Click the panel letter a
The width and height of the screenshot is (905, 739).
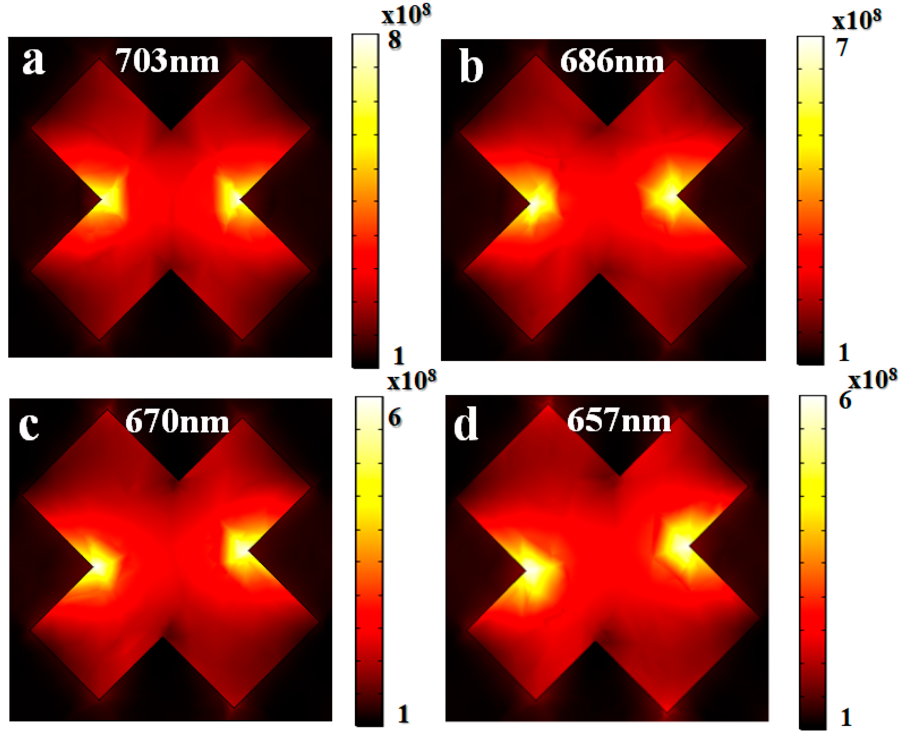33,61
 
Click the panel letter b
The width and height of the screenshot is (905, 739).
471,67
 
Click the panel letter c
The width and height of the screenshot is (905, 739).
29,426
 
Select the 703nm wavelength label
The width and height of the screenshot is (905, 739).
167,61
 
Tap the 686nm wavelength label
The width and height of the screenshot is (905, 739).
612,61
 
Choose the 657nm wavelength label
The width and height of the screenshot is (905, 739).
619,421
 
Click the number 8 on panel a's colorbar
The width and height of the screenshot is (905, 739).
395,40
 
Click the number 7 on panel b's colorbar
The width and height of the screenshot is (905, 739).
842,47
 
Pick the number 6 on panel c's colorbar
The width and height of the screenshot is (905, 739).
395,418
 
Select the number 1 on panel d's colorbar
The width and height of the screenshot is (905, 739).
846,718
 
